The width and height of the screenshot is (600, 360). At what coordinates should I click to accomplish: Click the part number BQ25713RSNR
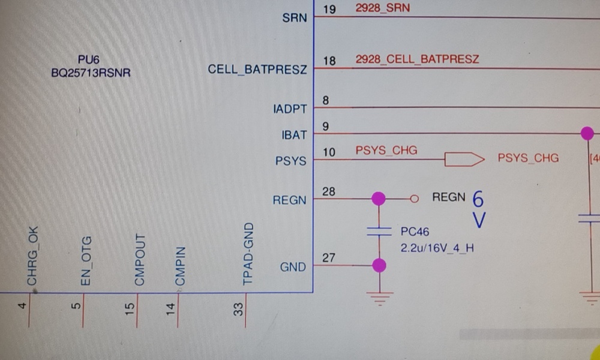click(91, 73)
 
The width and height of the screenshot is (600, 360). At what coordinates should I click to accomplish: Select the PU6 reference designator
click(91, 59)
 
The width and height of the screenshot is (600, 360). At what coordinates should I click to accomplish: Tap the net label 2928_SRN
click(383, 9)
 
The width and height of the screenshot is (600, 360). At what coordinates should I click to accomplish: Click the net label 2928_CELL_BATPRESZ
click(417, 59)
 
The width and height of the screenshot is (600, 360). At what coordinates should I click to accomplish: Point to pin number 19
click(329, 9)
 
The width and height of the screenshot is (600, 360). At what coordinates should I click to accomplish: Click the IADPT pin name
click(290, 109)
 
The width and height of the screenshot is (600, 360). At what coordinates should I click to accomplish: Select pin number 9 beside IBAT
click(326, 126)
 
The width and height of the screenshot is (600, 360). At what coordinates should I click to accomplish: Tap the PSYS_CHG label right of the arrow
click(528, 158)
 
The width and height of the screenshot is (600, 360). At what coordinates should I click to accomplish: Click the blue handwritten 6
click(478, 198)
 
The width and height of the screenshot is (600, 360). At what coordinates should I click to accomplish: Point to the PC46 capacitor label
click(415, 232)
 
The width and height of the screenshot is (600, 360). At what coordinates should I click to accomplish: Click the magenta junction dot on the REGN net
click(379, 198)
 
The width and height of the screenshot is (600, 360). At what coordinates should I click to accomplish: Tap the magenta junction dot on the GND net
click(379, 265)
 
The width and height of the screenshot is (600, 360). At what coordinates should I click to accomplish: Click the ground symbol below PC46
click(379, 298)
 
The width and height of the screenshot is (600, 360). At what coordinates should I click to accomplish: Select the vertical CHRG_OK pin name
click(32, 256)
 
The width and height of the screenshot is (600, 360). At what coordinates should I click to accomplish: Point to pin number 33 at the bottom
click(239, 310)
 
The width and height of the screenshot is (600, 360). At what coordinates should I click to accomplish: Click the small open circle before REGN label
click(413, 198)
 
